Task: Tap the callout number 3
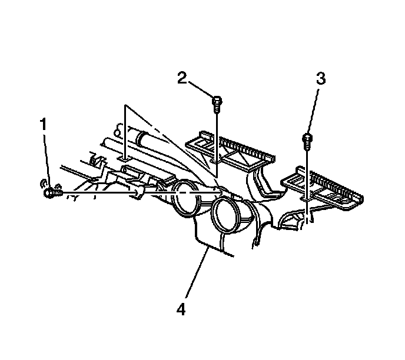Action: tap(320, 79)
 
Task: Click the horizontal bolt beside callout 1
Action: tap(52, 191)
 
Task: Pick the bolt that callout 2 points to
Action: tap(217, 104)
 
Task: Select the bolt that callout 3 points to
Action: tap(307, 140)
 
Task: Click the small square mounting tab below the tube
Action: tap(124, 158)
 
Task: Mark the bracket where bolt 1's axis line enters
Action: tap(139, 192)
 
